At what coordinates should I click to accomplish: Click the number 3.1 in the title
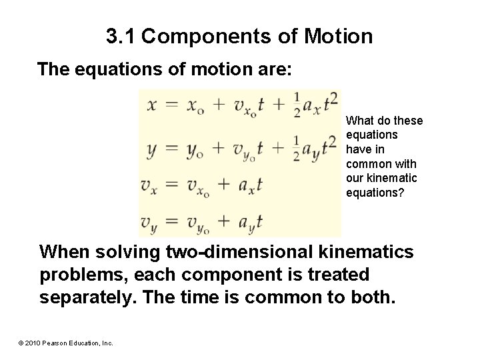121,36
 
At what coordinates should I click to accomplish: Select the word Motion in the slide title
340,36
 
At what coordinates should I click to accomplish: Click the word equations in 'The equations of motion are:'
128,70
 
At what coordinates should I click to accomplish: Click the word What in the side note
360,121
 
